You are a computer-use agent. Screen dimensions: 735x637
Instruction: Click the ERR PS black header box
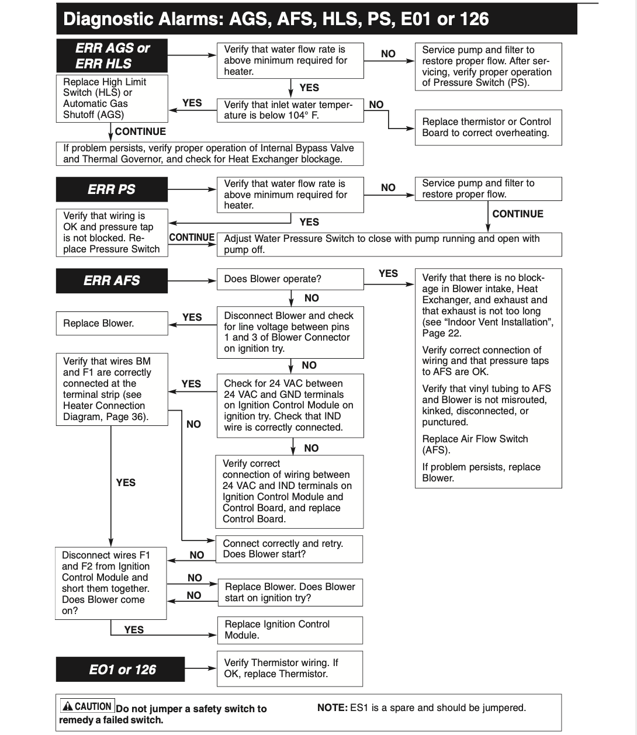click(x=112, y=189)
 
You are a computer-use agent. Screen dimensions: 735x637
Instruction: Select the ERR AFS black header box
click(x=112, y=280)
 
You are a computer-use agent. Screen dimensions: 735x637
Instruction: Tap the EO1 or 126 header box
click(x=120, y=670)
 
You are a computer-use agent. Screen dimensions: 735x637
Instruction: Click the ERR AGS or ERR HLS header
click(x=112, y=56)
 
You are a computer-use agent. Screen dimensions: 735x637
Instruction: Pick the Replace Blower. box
click(x=112, y=323)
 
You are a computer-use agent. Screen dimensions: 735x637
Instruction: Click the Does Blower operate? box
click(x=290, y=279)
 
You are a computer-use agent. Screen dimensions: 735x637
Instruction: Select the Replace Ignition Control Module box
click(x=290, y=630)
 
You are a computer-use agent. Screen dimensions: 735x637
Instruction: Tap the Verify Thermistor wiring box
click(x=290, y=668)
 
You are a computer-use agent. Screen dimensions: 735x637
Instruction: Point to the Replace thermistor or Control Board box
click(x=488, y=127)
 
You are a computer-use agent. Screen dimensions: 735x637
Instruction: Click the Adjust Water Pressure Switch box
click(x=389, y=244)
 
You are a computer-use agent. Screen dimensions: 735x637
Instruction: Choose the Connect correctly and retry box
click(x=289, y=549)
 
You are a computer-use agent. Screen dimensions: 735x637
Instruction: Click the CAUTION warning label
click(x=88, y=706)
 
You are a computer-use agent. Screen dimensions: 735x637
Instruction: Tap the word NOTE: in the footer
click(x=332, y=708)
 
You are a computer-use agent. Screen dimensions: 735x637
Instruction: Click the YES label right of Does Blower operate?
click(x=388, y=273)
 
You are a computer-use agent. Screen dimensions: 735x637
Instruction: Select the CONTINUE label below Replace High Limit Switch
click(x=140, y=131)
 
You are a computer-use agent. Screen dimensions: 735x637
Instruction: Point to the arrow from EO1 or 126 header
click(x=200, y=669)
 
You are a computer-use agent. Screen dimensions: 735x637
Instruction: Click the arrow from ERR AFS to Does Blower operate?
click(x=192, y=280)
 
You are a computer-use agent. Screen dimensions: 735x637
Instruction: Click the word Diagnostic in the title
click(x=103, y=19)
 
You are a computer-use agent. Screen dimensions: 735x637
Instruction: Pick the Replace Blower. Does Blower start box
click(x=290, y=592)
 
